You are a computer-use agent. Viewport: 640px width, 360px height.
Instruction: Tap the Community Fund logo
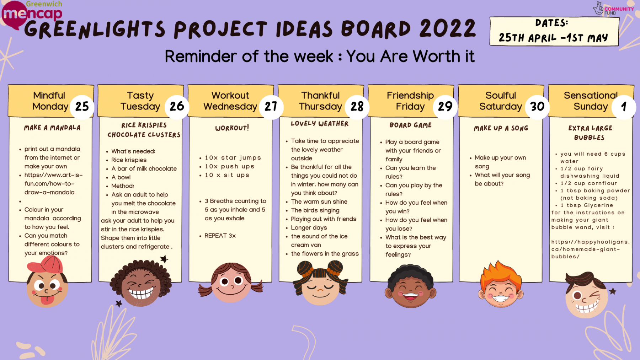[613, 9]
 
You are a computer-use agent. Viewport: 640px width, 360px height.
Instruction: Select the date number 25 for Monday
[82, 106]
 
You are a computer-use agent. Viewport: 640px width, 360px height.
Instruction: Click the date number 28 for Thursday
[357, 106]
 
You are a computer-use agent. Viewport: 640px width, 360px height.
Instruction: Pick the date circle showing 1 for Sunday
[623, 106]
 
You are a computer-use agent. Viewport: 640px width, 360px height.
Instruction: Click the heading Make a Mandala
[52, 128]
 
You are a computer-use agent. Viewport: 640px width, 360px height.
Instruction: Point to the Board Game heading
[410, 125]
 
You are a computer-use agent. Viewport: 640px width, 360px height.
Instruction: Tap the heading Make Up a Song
[501, 128]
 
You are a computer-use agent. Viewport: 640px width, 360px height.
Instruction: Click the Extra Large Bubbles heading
[590, 133]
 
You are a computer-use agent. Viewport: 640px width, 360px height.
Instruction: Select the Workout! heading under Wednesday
[232, 128]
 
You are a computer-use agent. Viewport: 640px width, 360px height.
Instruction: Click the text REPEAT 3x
[220, 236]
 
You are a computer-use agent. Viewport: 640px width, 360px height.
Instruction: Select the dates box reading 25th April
[554, 31]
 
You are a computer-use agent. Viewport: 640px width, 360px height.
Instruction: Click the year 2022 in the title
[447, 28]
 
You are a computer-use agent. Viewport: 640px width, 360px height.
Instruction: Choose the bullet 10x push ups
[229, 166]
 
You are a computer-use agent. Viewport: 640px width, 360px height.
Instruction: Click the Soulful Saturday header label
[501, 101]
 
